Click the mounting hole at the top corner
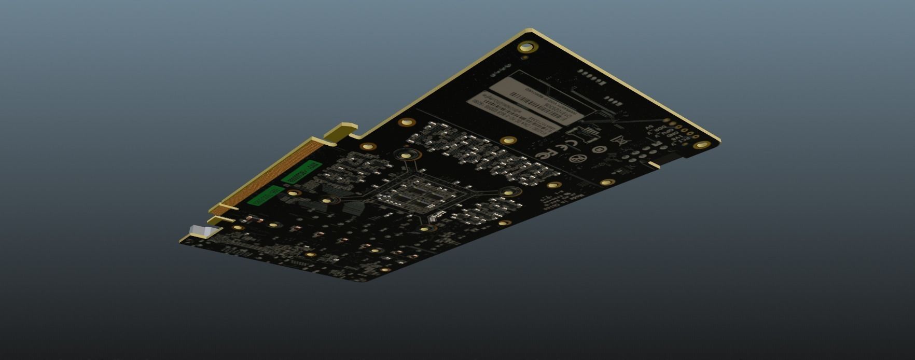click(x=526, y=47)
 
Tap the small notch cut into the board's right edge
click(x=655, y=165)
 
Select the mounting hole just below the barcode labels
click(x=509, y=141)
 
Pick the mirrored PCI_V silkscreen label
click(x=685, y=140)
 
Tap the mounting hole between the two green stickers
click(x=294, y=193)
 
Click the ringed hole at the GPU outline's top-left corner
click(x=406, y=154)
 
